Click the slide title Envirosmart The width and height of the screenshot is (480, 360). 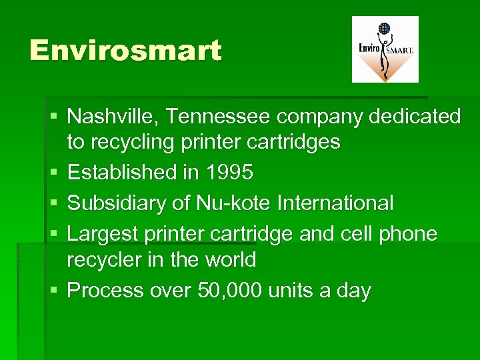125,51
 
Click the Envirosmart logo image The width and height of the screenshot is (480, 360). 385,49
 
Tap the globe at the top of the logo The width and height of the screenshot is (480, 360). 384,29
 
